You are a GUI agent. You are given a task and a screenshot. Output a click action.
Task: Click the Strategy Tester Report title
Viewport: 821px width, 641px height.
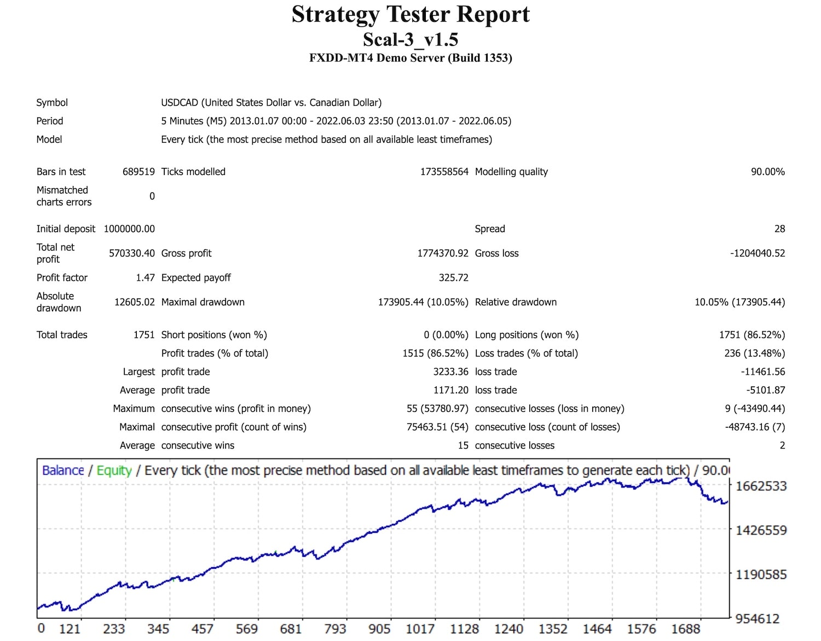point(410,14)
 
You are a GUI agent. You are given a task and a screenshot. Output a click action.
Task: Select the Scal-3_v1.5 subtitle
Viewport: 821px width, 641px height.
point(410,39)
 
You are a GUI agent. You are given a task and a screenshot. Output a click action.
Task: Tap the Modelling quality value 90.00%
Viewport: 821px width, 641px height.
point(767,172)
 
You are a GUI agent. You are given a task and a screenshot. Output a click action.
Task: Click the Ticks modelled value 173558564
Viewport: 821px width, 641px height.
point(444,172)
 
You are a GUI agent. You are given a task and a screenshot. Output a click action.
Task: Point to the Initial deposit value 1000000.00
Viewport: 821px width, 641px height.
point(129,229)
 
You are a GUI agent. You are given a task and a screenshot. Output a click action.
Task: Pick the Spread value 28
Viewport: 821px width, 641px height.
point(779,229)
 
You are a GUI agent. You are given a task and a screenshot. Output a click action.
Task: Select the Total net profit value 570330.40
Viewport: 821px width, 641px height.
point(131,253)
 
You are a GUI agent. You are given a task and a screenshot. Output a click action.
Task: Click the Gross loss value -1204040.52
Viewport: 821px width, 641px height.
point(757,253)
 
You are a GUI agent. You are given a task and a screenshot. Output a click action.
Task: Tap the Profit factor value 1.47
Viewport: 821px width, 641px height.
point(145,278)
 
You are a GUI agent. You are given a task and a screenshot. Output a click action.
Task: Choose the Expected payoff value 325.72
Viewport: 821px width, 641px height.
point(453,278)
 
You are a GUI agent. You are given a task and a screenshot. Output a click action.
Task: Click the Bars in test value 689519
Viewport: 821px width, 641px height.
point(138,172)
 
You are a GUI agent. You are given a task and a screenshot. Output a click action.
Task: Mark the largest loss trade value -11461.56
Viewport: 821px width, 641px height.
point(762,372)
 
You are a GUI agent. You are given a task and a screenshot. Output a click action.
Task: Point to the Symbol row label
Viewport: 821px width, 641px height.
point(52,103)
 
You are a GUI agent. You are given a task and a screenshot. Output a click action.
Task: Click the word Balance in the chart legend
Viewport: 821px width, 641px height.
point(63,470)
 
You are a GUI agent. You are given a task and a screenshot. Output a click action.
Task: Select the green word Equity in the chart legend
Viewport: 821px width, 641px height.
point(114,470)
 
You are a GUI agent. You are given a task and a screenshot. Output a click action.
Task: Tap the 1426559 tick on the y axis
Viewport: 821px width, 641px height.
point(761,530)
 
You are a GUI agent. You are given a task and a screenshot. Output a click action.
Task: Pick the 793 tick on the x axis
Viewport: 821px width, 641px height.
point(335,629)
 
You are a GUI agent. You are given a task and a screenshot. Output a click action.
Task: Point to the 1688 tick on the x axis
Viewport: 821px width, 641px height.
point(685,629)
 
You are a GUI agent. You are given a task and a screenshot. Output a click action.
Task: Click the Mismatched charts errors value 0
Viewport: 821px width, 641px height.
point(152,196)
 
